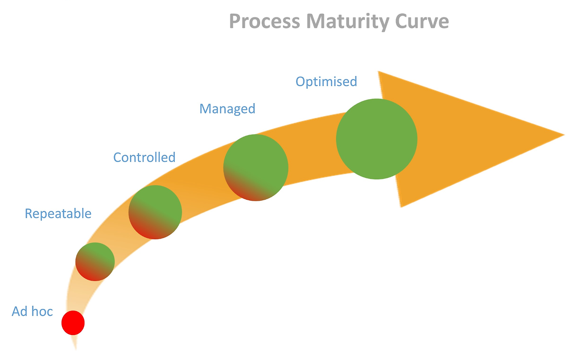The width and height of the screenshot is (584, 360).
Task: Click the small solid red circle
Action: (73, 323)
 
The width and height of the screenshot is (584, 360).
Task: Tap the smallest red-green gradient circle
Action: (95, 261)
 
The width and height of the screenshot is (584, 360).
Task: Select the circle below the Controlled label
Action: (155, 212)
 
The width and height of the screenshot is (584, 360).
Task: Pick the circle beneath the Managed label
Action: (256, 167)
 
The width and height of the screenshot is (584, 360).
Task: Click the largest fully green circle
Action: (376, 139)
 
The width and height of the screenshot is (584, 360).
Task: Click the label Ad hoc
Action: (32, 312)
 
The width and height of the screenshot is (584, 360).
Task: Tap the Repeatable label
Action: (58, 214)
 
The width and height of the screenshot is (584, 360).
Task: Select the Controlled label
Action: (144, 157)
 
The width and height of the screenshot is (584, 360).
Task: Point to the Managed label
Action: (227, 109)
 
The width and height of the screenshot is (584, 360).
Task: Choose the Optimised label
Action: (326, 82)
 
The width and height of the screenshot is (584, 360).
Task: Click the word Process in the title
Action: (260, 21)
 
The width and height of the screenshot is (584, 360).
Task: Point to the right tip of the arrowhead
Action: (563, 135)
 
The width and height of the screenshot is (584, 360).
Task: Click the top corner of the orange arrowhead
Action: (379, 72)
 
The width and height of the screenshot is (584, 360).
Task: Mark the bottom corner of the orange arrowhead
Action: (401, 207)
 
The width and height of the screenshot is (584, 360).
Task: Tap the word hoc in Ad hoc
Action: (42, 312)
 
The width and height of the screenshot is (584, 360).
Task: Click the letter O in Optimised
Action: (301, 82)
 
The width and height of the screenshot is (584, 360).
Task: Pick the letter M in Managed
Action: (206, 109)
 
